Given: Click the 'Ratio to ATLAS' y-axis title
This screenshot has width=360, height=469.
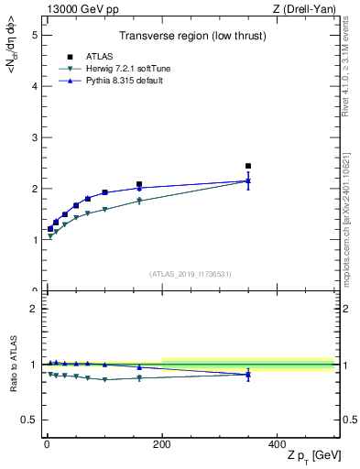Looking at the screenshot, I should tap(14, 363).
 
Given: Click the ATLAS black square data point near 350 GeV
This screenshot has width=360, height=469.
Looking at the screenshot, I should tap(248, 166).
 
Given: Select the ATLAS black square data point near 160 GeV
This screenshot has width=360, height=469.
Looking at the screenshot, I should tap(139, 184).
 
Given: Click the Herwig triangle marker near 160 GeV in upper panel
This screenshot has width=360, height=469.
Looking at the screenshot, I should tap(139, 201).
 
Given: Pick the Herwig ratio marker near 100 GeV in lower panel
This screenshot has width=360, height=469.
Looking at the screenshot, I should tap(104, 379).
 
